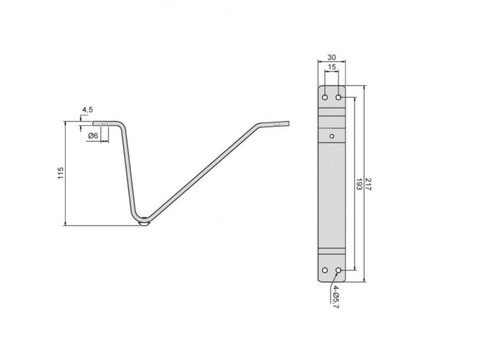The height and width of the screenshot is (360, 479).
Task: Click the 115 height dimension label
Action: click(x=61, y=173)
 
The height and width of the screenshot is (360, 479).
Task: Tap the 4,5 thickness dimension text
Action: click(x=87, y=110)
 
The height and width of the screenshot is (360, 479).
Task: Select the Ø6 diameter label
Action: click(x=93, y=135)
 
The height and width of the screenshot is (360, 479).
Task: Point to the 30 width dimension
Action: click(x=332, y=57)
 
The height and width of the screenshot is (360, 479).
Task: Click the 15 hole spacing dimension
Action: click(x=332, y=67)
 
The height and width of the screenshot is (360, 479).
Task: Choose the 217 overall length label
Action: click(x=368, y=184)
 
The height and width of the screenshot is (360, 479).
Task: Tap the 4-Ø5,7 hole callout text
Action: click(x=336, y=297)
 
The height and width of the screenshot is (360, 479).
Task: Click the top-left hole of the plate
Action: click(x=325, y=97)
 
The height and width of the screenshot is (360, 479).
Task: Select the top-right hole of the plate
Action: click(x=339, y=97)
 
